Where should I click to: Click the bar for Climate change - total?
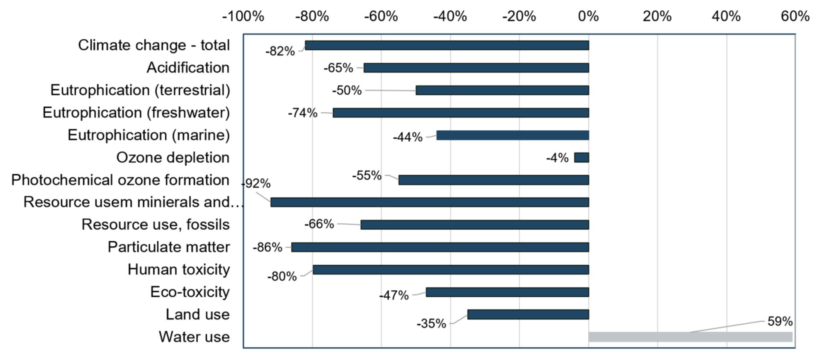[447, 45]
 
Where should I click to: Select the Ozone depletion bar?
[581, 158]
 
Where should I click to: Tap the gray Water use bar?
[690, 337]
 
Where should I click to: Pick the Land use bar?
[528, 315]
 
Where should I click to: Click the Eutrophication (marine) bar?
[512, 135]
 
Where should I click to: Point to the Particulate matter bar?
[440, 247]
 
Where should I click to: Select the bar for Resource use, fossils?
[474, 225]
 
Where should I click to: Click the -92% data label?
[257, 184]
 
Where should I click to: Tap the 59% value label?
[780, 321]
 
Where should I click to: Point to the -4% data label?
[557, 158]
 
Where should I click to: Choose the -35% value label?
[431, 324]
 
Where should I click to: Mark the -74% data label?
[303, 113]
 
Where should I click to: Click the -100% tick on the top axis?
[243, 16]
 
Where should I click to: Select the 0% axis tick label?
[589, 16]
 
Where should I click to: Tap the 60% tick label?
[795, 16]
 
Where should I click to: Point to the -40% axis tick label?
[450, 16]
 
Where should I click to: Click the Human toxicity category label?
[179, 269]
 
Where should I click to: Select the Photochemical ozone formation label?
[120, 180]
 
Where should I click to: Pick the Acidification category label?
[188, 67]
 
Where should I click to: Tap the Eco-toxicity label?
[190, 292]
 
